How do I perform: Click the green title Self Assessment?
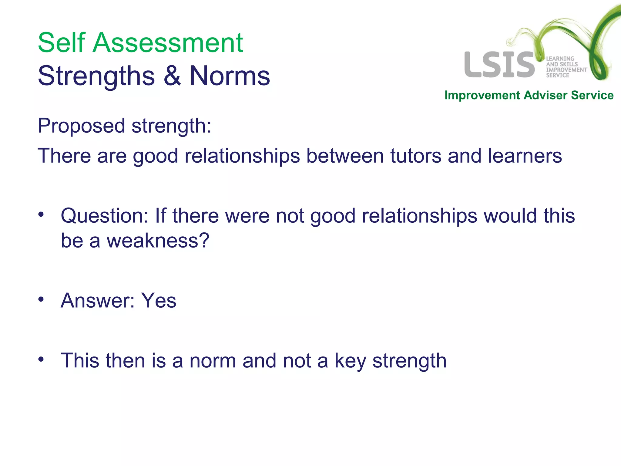[x=140, y=43]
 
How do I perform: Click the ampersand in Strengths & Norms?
[x=172, y=76]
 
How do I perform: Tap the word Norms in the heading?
[x=230, y=76]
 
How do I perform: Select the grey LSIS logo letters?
[x=499, y=65]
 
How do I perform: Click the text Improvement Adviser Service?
[x=529, y=95]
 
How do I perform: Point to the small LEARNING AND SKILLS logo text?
[x=566, y=67]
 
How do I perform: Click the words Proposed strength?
[x=124, y=126]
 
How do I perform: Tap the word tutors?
[x=415, y=156]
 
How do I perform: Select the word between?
[x=345, y=156]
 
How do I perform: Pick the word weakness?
[x=158, y=241]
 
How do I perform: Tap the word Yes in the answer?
[x=159, y=301]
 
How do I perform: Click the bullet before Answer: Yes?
[x=41, y=299]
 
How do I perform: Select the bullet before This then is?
[x=41, y=360]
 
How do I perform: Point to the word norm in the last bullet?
[x=213, y=361]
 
